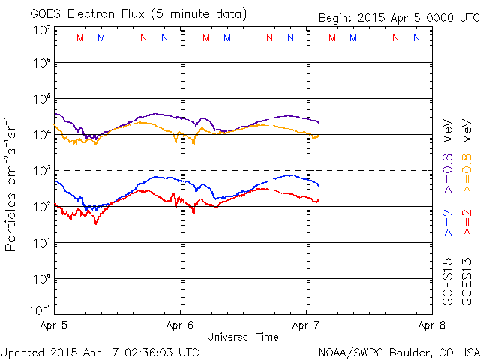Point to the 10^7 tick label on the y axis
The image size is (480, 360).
41,30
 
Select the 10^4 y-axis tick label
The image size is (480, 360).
41,133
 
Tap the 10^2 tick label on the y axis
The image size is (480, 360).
41,205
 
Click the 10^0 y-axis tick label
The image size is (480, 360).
41,277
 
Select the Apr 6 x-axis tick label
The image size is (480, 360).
180,326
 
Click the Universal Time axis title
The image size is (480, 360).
242,337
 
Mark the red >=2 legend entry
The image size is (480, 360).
468,223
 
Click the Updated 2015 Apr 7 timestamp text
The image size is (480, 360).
100,351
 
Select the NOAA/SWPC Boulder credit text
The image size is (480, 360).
398,351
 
